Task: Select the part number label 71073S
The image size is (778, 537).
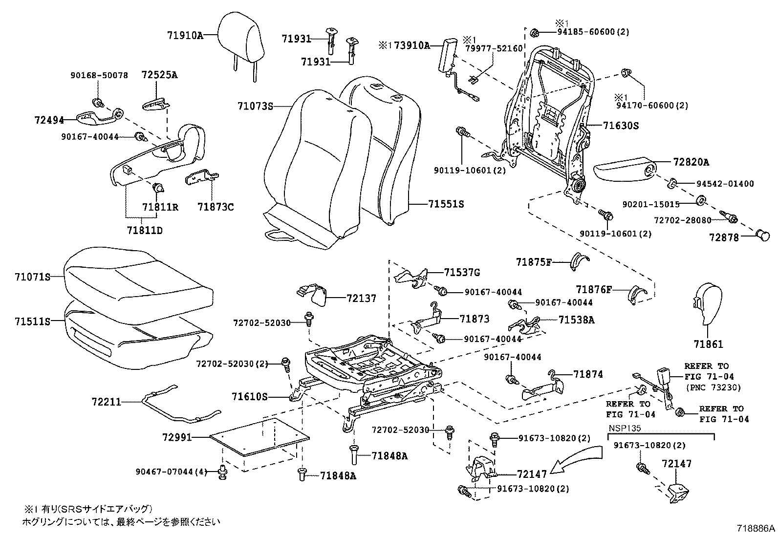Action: tap(255, 106)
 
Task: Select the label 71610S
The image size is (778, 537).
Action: tap(250, 397)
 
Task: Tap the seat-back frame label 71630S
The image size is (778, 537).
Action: tap(621, 126)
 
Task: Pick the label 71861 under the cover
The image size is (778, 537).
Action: tap(708, 344)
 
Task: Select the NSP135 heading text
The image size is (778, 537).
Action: tap(624, 428)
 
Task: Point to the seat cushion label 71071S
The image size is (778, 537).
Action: tap(32, 277)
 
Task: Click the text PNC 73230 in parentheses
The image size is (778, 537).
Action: tap(713, 387)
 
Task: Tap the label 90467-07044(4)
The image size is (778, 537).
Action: tap(172, 472)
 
